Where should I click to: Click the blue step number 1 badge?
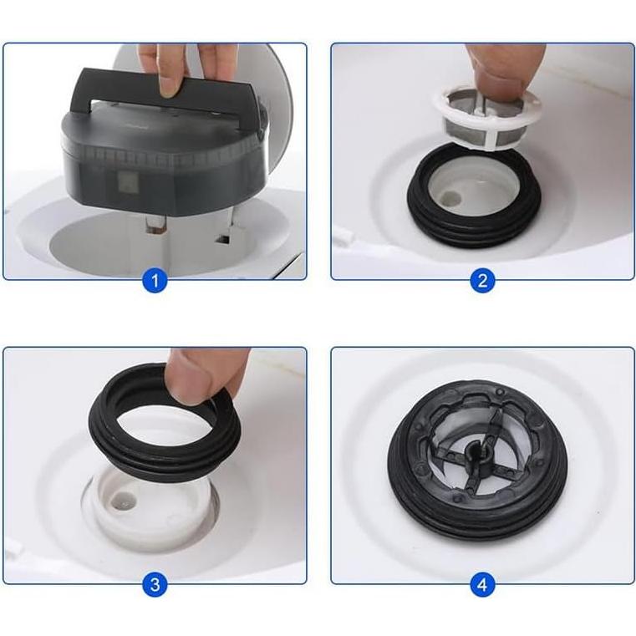coord(155,281)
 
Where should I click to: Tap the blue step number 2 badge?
coord(481,281)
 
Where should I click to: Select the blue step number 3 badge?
coord(155,585)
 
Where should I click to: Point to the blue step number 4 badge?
coord(481,585)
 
